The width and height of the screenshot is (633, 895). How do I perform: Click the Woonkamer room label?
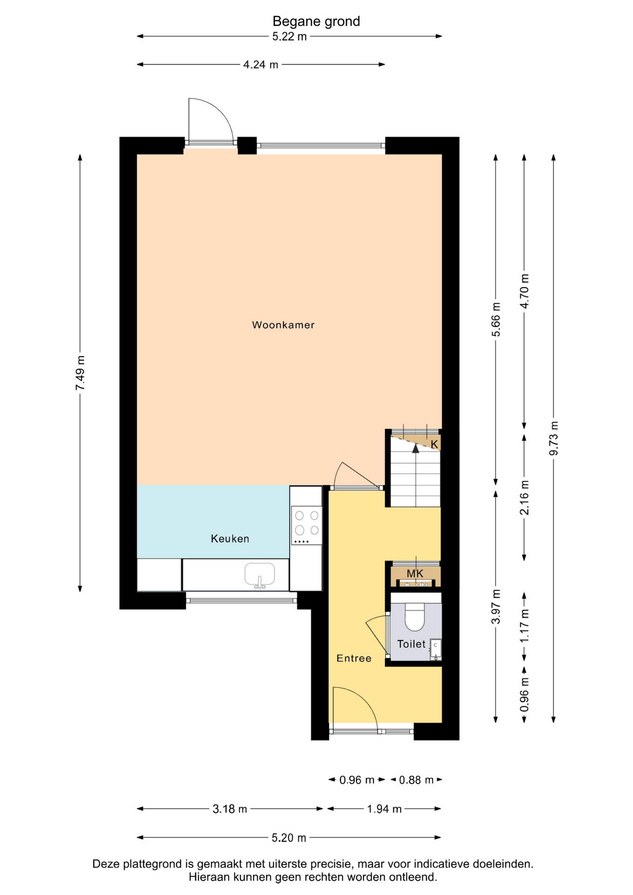tap(283, 325)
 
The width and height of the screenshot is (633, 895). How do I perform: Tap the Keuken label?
tap(230, 538)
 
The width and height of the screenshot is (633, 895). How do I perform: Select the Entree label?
tap(354, 658)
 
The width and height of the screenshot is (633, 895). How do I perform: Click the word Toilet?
tap(411, 644)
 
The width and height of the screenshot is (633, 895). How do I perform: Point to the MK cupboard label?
tap(415, 573)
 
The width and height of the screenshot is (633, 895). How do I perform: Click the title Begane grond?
tap(316, 21)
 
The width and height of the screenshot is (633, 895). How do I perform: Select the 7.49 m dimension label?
tap(80, 373)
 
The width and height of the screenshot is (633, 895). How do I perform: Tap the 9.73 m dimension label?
tap(554, 439)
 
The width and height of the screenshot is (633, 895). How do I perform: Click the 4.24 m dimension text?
tap(261, 65)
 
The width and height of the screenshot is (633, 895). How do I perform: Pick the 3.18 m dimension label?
tap(230, 809)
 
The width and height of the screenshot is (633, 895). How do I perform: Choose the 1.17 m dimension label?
tap(524, 626)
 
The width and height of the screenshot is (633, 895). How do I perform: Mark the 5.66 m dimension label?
tap(496, 319)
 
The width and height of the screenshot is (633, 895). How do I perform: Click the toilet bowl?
tap(414, 616)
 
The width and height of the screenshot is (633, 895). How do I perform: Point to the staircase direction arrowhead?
tap(415, 448)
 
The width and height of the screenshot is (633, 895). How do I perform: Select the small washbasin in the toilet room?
tap(435, 649)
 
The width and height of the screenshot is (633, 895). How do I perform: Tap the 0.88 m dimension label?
tap(416, 780)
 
